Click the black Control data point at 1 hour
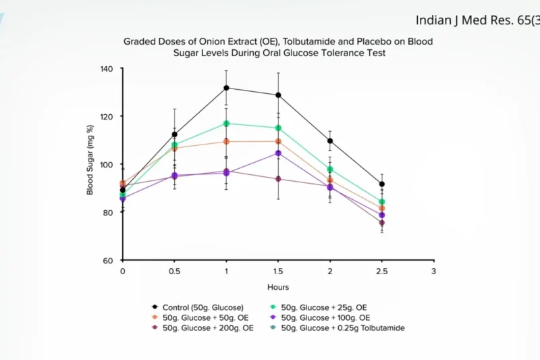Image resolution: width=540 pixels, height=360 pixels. click(226, 88)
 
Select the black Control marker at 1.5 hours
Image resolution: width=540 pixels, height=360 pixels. click(278, 95)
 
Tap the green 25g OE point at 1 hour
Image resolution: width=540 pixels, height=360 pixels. click(226, 124)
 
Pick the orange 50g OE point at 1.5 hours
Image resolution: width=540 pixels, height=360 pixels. click(278, 141)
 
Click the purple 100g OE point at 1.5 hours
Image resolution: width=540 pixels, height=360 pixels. click(278, 153)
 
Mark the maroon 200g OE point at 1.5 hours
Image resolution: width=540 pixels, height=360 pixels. click(278, 179)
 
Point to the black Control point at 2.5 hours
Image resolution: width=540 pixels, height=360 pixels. click(381, 184)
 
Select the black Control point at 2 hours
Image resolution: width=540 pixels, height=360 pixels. click(330, 141)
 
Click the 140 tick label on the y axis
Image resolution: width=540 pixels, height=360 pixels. click(107, 68)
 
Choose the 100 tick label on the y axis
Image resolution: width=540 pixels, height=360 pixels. click(107, 164)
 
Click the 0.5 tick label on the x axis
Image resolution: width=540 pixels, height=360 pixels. click(174, 272)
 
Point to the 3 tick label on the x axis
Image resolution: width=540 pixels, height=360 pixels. click(433, 272)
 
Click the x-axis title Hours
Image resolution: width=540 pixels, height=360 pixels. click(277, 287)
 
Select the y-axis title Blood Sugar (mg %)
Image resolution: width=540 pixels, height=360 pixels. click(90, 160)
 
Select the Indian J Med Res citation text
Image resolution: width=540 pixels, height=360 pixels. click(477, 20)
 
